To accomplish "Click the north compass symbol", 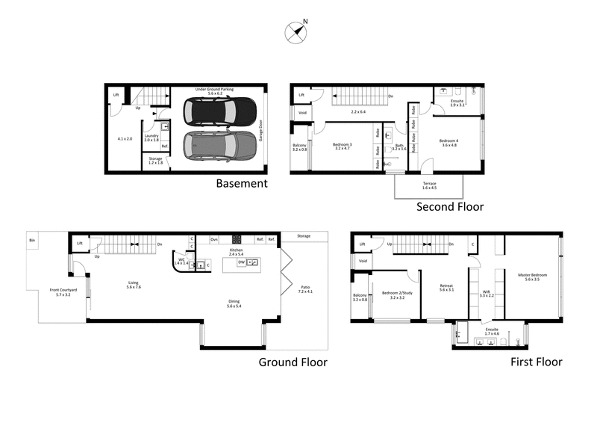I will (296, 32).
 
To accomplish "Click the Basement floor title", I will (241, 183).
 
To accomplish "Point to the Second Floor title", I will (449, 207).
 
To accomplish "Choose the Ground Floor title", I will (293, 362).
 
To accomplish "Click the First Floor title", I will (536, 362).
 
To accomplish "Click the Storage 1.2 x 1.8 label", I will (155, 160).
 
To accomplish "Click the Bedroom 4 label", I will (448, 142).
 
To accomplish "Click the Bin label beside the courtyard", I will (31, 240).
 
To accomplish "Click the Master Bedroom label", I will (533, 277).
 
